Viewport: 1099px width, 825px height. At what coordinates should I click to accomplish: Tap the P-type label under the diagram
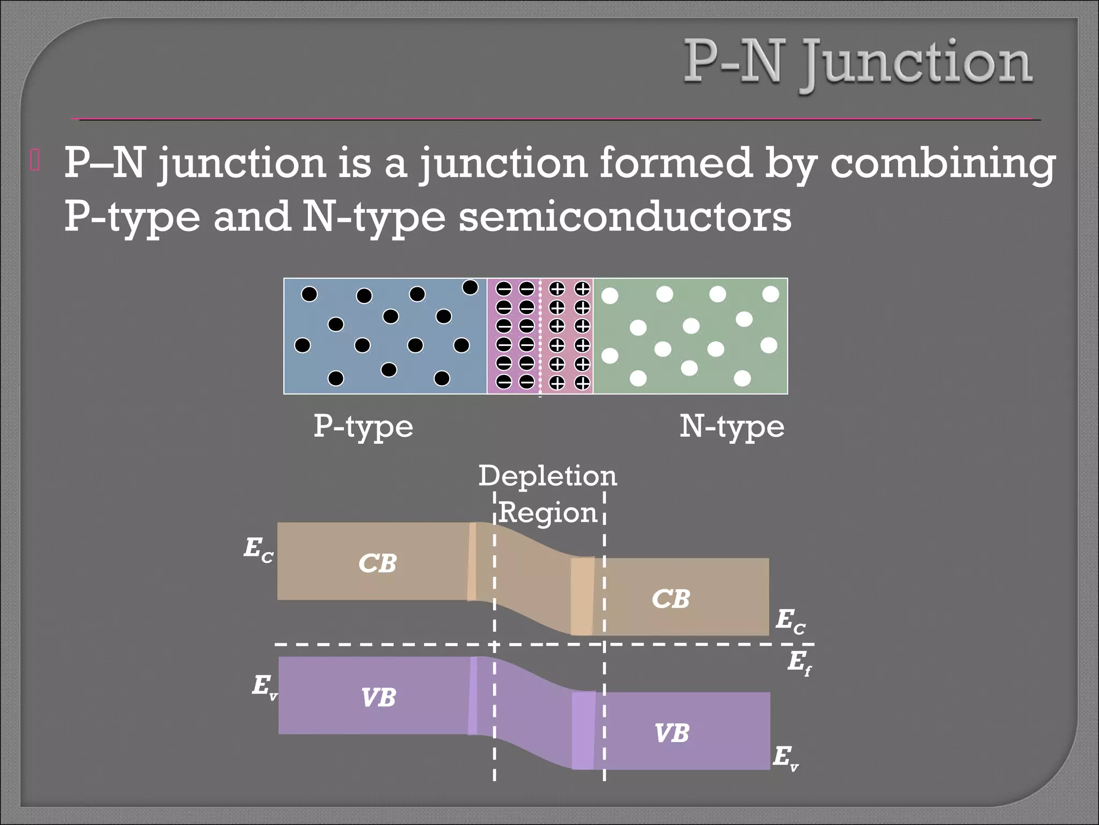(x=363, y=427)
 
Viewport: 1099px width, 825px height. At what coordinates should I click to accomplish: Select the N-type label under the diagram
(x=731, y=427)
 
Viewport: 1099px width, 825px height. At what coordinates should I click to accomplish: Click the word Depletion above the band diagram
(x=547, y=475)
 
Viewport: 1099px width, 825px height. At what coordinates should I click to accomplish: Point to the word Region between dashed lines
(x=548, y=512)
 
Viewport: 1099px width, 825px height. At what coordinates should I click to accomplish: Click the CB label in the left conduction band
(x=377, y=563)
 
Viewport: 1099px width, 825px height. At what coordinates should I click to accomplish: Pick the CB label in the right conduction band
(x=670, y=599)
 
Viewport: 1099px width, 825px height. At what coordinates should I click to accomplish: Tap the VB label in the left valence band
(x=378, y=698)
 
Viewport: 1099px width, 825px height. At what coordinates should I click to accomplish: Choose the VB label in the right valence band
(x=671, y=733)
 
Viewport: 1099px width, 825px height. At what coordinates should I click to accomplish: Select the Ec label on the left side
(x=259, y=549)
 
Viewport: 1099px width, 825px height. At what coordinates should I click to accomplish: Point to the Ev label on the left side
(x=265, y=687)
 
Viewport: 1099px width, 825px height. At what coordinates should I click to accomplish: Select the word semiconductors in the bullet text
(x=625, y=216)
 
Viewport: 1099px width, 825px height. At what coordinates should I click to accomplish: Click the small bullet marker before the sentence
(x=35, y=162)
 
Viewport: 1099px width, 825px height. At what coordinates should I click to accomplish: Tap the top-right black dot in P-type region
(x=470, y=287)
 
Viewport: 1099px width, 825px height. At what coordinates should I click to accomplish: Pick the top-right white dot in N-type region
(x=771, y=294)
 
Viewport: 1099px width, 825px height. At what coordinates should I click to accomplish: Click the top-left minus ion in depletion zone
(x=504, y=289)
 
